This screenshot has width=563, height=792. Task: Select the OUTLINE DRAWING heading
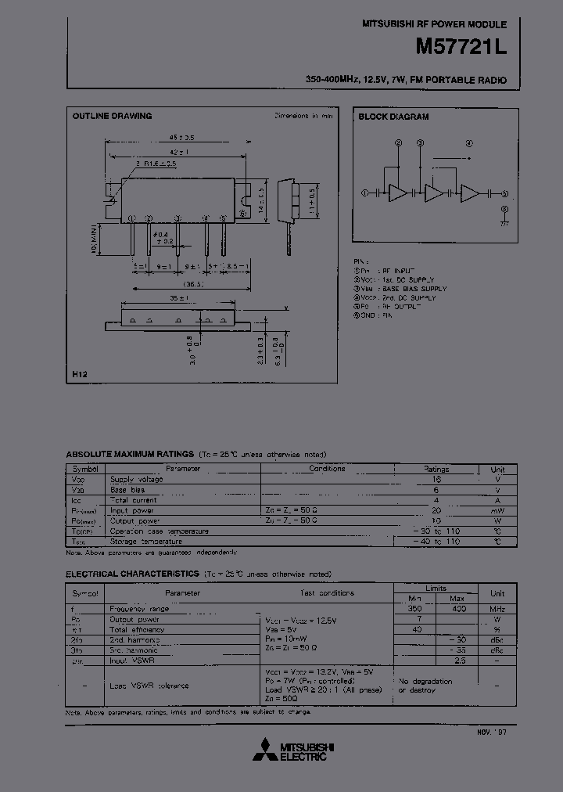tap(112, 116)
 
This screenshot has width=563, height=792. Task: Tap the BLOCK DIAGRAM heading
tap(393, 117)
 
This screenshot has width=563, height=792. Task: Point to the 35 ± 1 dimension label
tap(179, 299)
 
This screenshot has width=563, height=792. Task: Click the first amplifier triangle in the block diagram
tap(398, 193)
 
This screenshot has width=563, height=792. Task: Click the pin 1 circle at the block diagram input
tap(364, 193)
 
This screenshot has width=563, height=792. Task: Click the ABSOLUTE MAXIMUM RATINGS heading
tap(130, 454)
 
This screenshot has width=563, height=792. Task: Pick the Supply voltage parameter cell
tap(136, 479)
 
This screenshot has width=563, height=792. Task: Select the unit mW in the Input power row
tap(497, 510)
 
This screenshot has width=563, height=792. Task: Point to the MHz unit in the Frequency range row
tap(497, 608)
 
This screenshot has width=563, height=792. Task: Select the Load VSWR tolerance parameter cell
tap(149, 686)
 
